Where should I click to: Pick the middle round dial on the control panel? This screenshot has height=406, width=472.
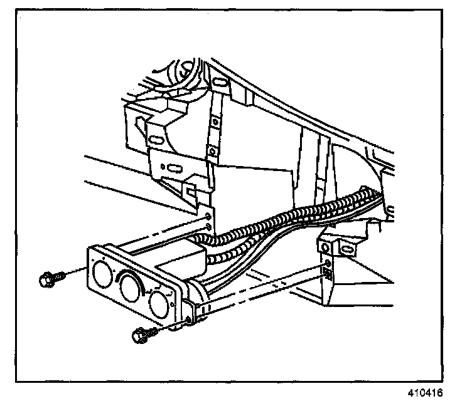click(131, 288)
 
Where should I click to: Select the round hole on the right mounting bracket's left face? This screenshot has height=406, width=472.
click(326, 246)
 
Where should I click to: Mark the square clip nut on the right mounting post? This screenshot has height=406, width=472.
click(327, 271)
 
